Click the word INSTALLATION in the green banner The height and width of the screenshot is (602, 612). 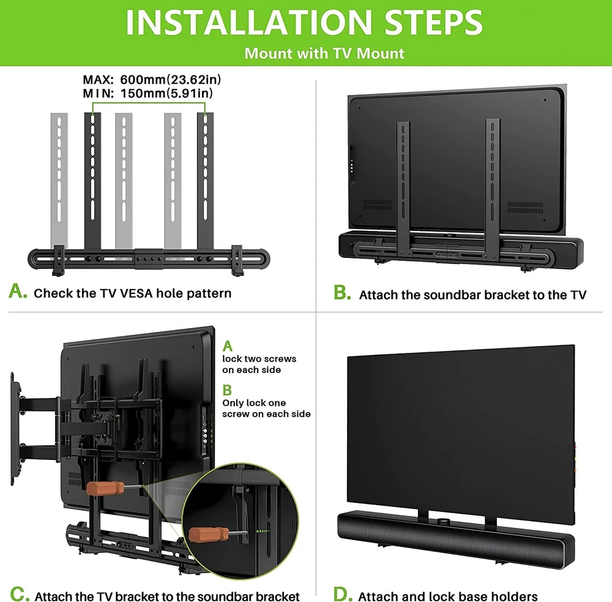pos(249,23)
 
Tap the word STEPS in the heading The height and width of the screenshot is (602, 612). pos(434,23)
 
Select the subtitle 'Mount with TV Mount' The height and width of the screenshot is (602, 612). pos(324,53)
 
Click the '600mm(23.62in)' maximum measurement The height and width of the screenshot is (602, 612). pos(171,80)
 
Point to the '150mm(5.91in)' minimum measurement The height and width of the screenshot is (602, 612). pos(166,93)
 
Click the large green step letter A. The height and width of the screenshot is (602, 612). pos(18,291)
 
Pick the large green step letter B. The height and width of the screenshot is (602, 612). pos(342,292)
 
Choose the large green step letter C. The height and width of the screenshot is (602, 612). pos(20,594)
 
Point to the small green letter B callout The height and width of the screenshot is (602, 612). pos(227,390)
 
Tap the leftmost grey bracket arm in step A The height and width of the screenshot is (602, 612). pos(59,180)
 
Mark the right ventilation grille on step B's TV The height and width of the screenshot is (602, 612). pos(525,208)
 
